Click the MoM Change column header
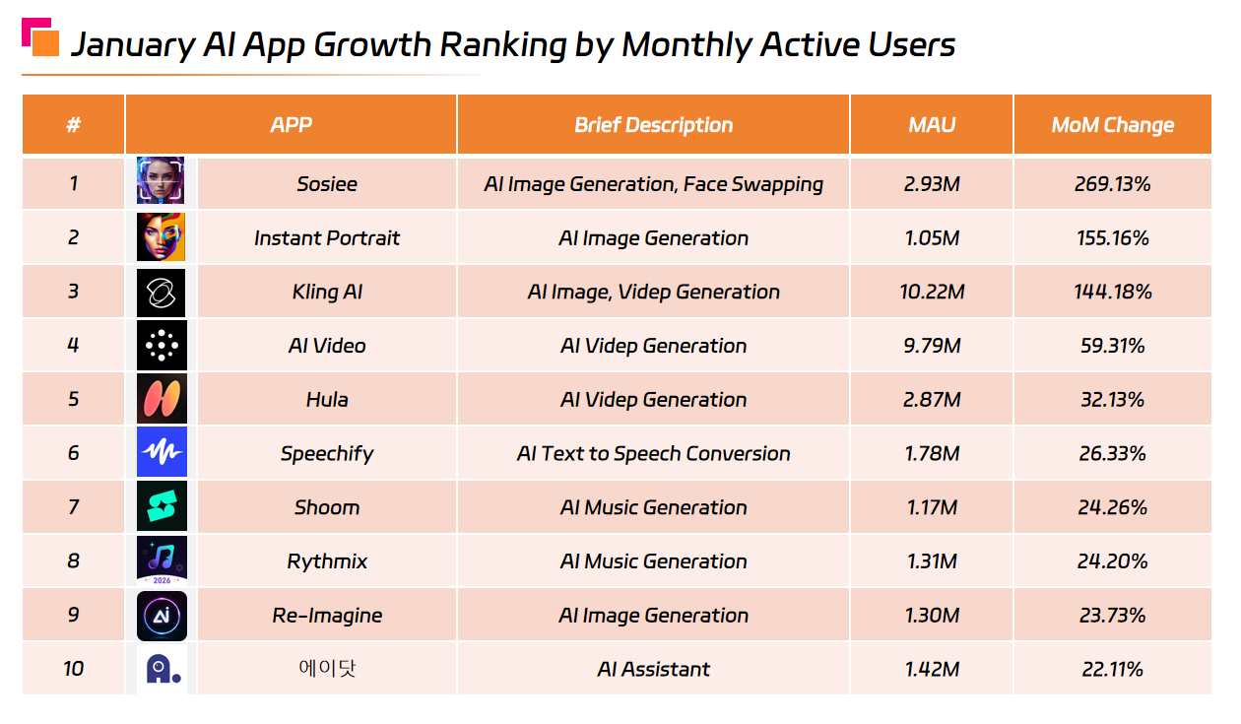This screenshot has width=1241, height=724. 1112,125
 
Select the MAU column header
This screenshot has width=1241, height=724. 932,125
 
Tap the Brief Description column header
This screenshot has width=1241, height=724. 653,125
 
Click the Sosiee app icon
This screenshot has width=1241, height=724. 161,182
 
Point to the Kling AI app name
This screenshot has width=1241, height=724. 327,292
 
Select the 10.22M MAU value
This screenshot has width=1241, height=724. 932,292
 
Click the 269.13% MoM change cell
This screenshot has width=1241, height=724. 1112,183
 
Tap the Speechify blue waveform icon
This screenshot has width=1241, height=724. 161,453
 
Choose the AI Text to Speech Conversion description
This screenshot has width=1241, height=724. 653,454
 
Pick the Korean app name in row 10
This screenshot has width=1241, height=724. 327,669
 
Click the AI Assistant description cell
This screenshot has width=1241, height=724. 653,670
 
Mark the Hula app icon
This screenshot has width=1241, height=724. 161,399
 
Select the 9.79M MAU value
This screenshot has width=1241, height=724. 932,346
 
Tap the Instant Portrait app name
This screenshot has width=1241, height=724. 327,238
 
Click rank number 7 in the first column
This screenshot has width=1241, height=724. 73,507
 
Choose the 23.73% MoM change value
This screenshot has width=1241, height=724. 1112,616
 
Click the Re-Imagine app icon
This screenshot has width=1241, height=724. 161,616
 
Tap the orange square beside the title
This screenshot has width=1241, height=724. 45,43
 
